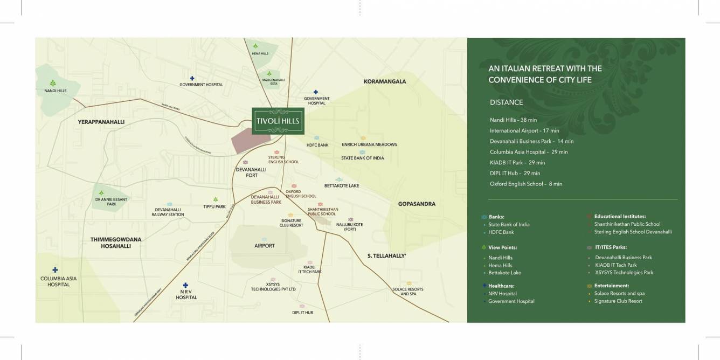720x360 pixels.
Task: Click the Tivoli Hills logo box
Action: click(x=279, y=120)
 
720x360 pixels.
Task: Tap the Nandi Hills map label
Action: click(x=56, y=91)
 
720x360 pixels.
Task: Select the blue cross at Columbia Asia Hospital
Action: click(x=55, y=269)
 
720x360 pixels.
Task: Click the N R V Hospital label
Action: click(x=186, y=294)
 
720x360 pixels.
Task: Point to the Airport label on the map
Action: click(x=264, y=246)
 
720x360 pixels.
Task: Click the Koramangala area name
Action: click(x=385, y=81)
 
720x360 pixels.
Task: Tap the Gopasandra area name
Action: click(x=417, y=204)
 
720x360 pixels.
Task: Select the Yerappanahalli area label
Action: click(x=101, y=122)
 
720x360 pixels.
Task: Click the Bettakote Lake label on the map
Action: click(x=341, y=186)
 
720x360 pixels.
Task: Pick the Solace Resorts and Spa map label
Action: click(x=408, y=292)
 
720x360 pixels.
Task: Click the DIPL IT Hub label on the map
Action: click(x=302, y=312)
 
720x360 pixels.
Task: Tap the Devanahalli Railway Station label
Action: click(x=169, y=212)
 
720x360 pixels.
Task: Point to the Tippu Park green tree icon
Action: click(x=216, y=199)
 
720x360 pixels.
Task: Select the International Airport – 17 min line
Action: click(x=524, y=130)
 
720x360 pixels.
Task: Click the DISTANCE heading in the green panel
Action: click(x=506, y=102)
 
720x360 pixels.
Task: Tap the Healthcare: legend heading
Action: click(x=501, y=286)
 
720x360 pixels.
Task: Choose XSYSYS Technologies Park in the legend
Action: click(x=624, y=273)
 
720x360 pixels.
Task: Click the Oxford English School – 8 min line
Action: click(x=525, y=184)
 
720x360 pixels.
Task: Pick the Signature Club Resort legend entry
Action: click(x=618, y=301)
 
